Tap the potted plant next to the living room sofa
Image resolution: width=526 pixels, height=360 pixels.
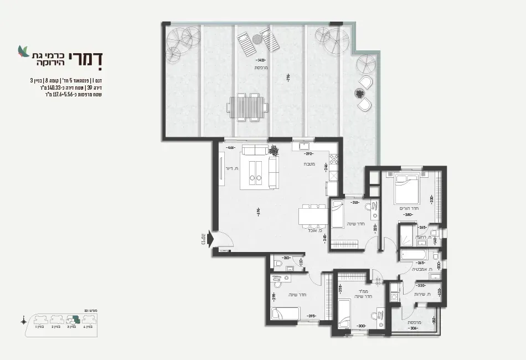click(x=274, y=150)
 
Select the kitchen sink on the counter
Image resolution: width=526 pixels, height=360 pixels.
click(x=306, y=146)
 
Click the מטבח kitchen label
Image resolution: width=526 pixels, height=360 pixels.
click(x=310, y=164)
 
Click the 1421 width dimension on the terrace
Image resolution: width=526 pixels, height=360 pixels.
click(x=261, y=60)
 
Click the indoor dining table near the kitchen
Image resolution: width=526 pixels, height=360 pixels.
click(x=311, y=215)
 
